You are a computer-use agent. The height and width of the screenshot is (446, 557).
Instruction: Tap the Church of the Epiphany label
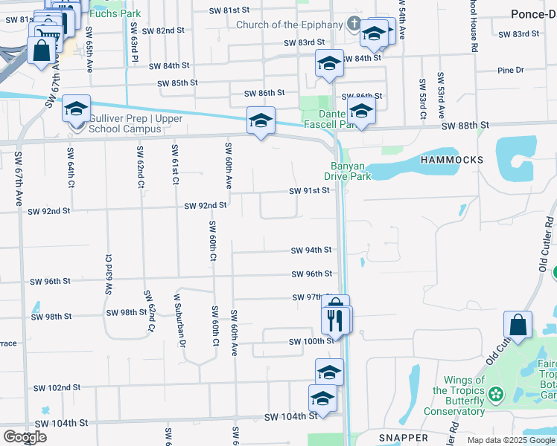pos(289,25)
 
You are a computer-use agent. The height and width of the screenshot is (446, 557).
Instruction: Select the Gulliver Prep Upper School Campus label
pos(124,123)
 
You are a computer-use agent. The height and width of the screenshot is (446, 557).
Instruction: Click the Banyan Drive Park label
pos(347,171)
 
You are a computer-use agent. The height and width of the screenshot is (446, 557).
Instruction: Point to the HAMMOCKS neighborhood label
pos(451,160)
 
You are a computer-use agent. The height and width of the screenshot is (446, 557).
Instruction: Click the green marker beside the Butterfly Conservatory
pos(495,393)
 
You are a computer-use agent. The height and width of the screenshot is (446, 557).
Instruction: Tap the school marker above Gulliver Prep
pos(76,109)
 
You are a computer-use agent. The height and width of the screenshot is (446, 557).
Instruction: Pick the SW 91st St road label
pos(309,191)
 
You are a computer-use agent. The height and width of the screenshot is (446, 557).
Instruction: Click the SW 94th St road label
pos(311,251)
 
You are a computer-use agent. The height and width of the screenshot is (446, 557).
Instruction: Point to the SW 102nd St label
pos(57,388)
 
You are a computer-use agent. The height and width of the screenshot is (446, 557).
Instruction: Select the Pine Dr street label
pos(510,71)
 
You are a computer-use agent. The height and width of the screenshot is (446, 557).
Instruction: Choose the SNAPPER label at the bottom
pos(401,438)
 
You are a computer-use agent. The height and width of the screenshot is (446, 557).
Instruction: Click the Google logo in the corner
pos(24,437)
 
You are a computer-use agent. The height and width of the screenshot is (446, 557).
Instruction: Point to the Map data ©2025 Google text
pos(510,440)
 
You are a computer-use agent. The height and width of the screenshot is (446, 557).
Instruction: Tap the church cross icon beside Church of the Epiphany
pos(354,25)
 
